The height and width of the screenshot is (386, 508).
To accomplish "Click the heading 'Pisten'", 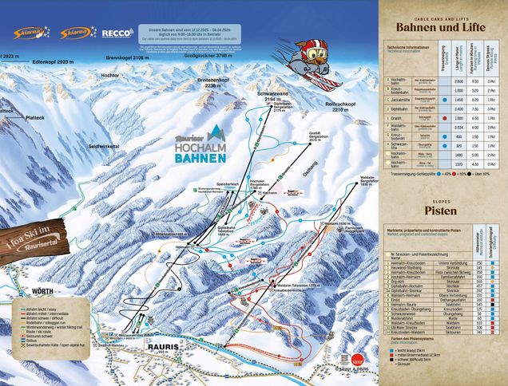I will tap(441, 211).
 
